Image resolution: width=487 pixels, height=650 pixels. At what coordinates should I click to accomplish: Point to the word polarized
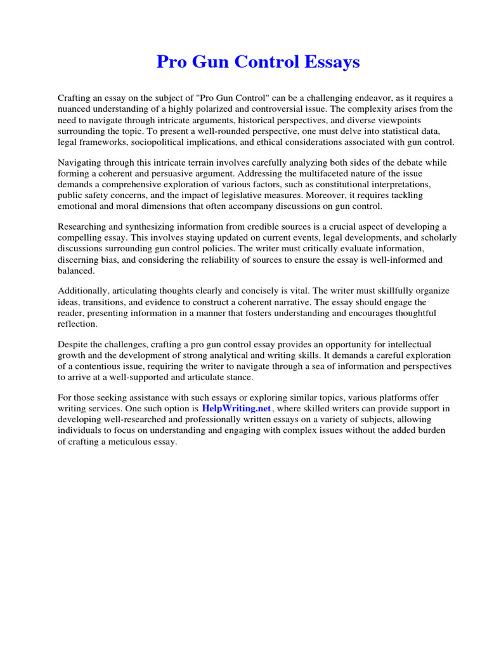coord(232,109)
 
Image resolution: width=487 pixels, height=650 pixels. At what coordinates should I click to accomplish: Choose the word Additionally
coord(83,291)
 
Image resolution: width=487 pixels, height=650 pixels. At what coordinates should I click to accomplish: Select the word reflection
coord(78,324)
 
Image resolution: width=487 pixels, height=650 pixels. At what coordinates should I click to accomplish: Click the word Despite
coord(72,345)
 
